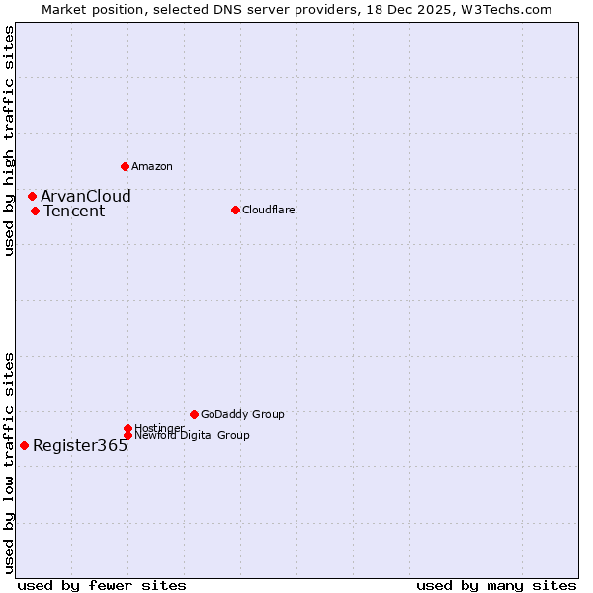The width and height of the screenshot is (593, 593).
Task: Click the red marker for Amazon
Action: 125,166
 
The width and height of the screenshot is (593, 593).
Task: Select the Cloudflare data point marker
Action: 235,210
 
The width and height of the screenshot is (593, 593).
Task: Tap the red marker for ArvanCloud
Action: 32,196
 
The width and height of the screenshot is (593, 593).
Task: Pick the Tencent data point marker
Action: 35,211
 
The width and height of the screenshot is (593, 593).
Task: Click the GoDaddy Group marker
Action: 194,414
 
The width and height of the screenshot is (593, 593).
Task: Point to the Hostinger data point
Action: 127,428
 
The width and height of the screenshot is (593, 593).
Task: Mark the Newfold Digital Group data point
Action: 127,435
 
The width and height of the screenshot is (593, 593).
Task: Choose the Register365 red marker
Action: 24,445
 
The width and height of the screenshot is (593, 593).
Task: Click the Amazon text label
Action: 152,166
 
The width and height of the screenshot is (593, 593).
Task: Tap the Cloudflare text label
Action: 268,210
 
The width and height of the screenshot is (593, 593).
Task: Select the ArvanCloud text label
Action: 86,196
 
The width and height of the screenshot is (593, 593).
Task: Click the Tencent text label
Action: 74,211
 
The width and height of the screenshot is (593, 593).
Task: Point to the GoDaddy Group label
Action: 242,414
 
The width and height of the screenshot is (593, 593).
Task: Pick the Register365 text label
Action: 80,445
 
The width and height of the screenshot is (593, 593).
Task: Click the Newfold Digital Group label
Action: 192,435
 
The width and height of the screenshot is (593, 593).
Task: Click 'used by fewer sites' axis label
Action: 102,585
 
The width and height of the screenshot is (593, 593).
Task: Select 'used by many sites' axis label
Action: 496,585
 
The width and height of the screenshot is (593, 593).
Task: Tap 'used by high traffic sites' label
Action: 9,140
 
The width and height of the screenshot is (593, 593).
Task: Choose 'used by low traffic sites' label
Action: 9,462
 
